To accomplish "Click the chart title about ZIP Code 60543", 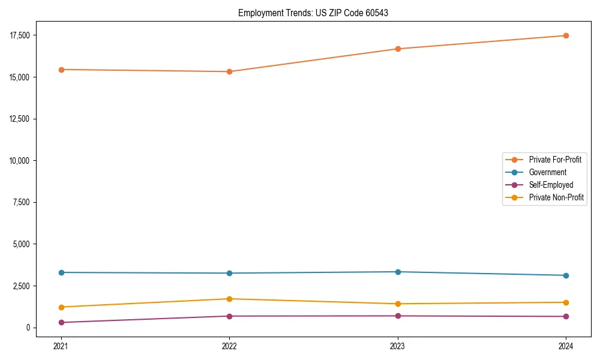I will point(313,13).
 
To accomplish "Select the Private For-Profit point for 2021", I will point(61,70).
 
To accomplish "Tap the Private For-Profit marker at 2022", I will point(229,71).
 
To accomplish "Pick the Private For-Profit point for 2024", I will point(566,35).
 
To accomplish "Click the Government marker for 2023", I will point(398,272).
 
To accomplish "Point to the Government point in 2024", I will point(566,275).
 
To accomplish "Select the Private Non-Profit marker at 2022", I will point(229,299).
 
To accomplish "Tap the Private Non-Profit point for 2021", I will point(61,307).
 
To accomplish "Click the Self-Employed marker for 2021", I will point(61,323).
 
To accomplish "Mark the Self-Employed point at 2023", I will point(398,316).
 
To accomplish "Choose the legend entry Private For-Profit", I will point(554,160).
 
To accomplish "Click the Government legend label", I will point(547,172).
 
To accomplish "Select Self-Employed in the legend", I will point(551,185).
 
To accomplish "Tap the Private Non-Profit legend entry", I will point(556,197).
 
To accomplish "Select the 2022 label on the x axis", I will point(229,346).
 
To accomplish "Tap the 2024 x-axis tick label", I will point(566,346).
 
